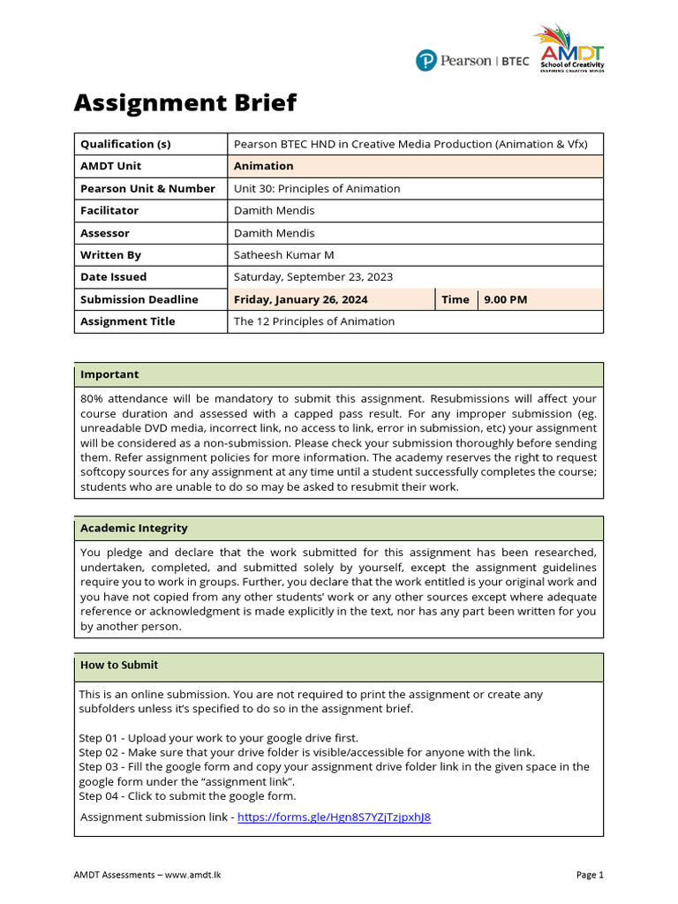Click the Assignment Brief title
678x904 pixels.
(x=185, y=103)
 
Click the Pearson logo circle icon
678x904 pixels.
(x=426, y=61)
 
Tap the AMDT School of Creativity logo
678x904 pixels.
(x=569, y=50)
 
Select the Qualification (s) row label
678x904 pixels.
(x=125, y=144)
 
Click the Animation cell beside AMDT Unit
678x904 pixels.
(x=263, y=166)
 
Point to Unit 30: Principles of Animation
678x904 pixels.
(x=316, y=188)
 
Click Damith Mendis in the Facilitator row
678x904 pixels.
(x=274, y=210)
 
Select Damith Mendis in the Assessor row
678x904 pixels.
(x=274, y=233)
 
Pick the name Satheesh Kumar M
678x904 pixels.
(x=283, y=255)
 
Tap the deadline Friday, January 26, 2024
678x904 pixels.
(x=301, y=299)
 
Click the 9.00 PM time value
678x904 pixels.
(x=505, y=299)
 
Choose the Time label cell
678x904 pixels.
(x=455, y=299)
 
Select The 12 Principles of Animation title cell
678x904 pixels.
(x=313, y=321)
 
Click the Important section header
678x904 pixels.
(x=109, y=374)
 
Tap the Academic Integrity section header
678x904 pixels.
(x=133, y=528)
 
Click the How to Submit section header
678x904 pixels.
(x=119, y=665)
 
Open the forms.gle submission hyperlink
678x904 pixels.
(x=335, y=817)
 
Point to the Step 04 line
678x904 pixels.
(x=187, y=796)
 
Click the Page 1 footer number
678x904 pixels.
(x=590, y=875)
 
